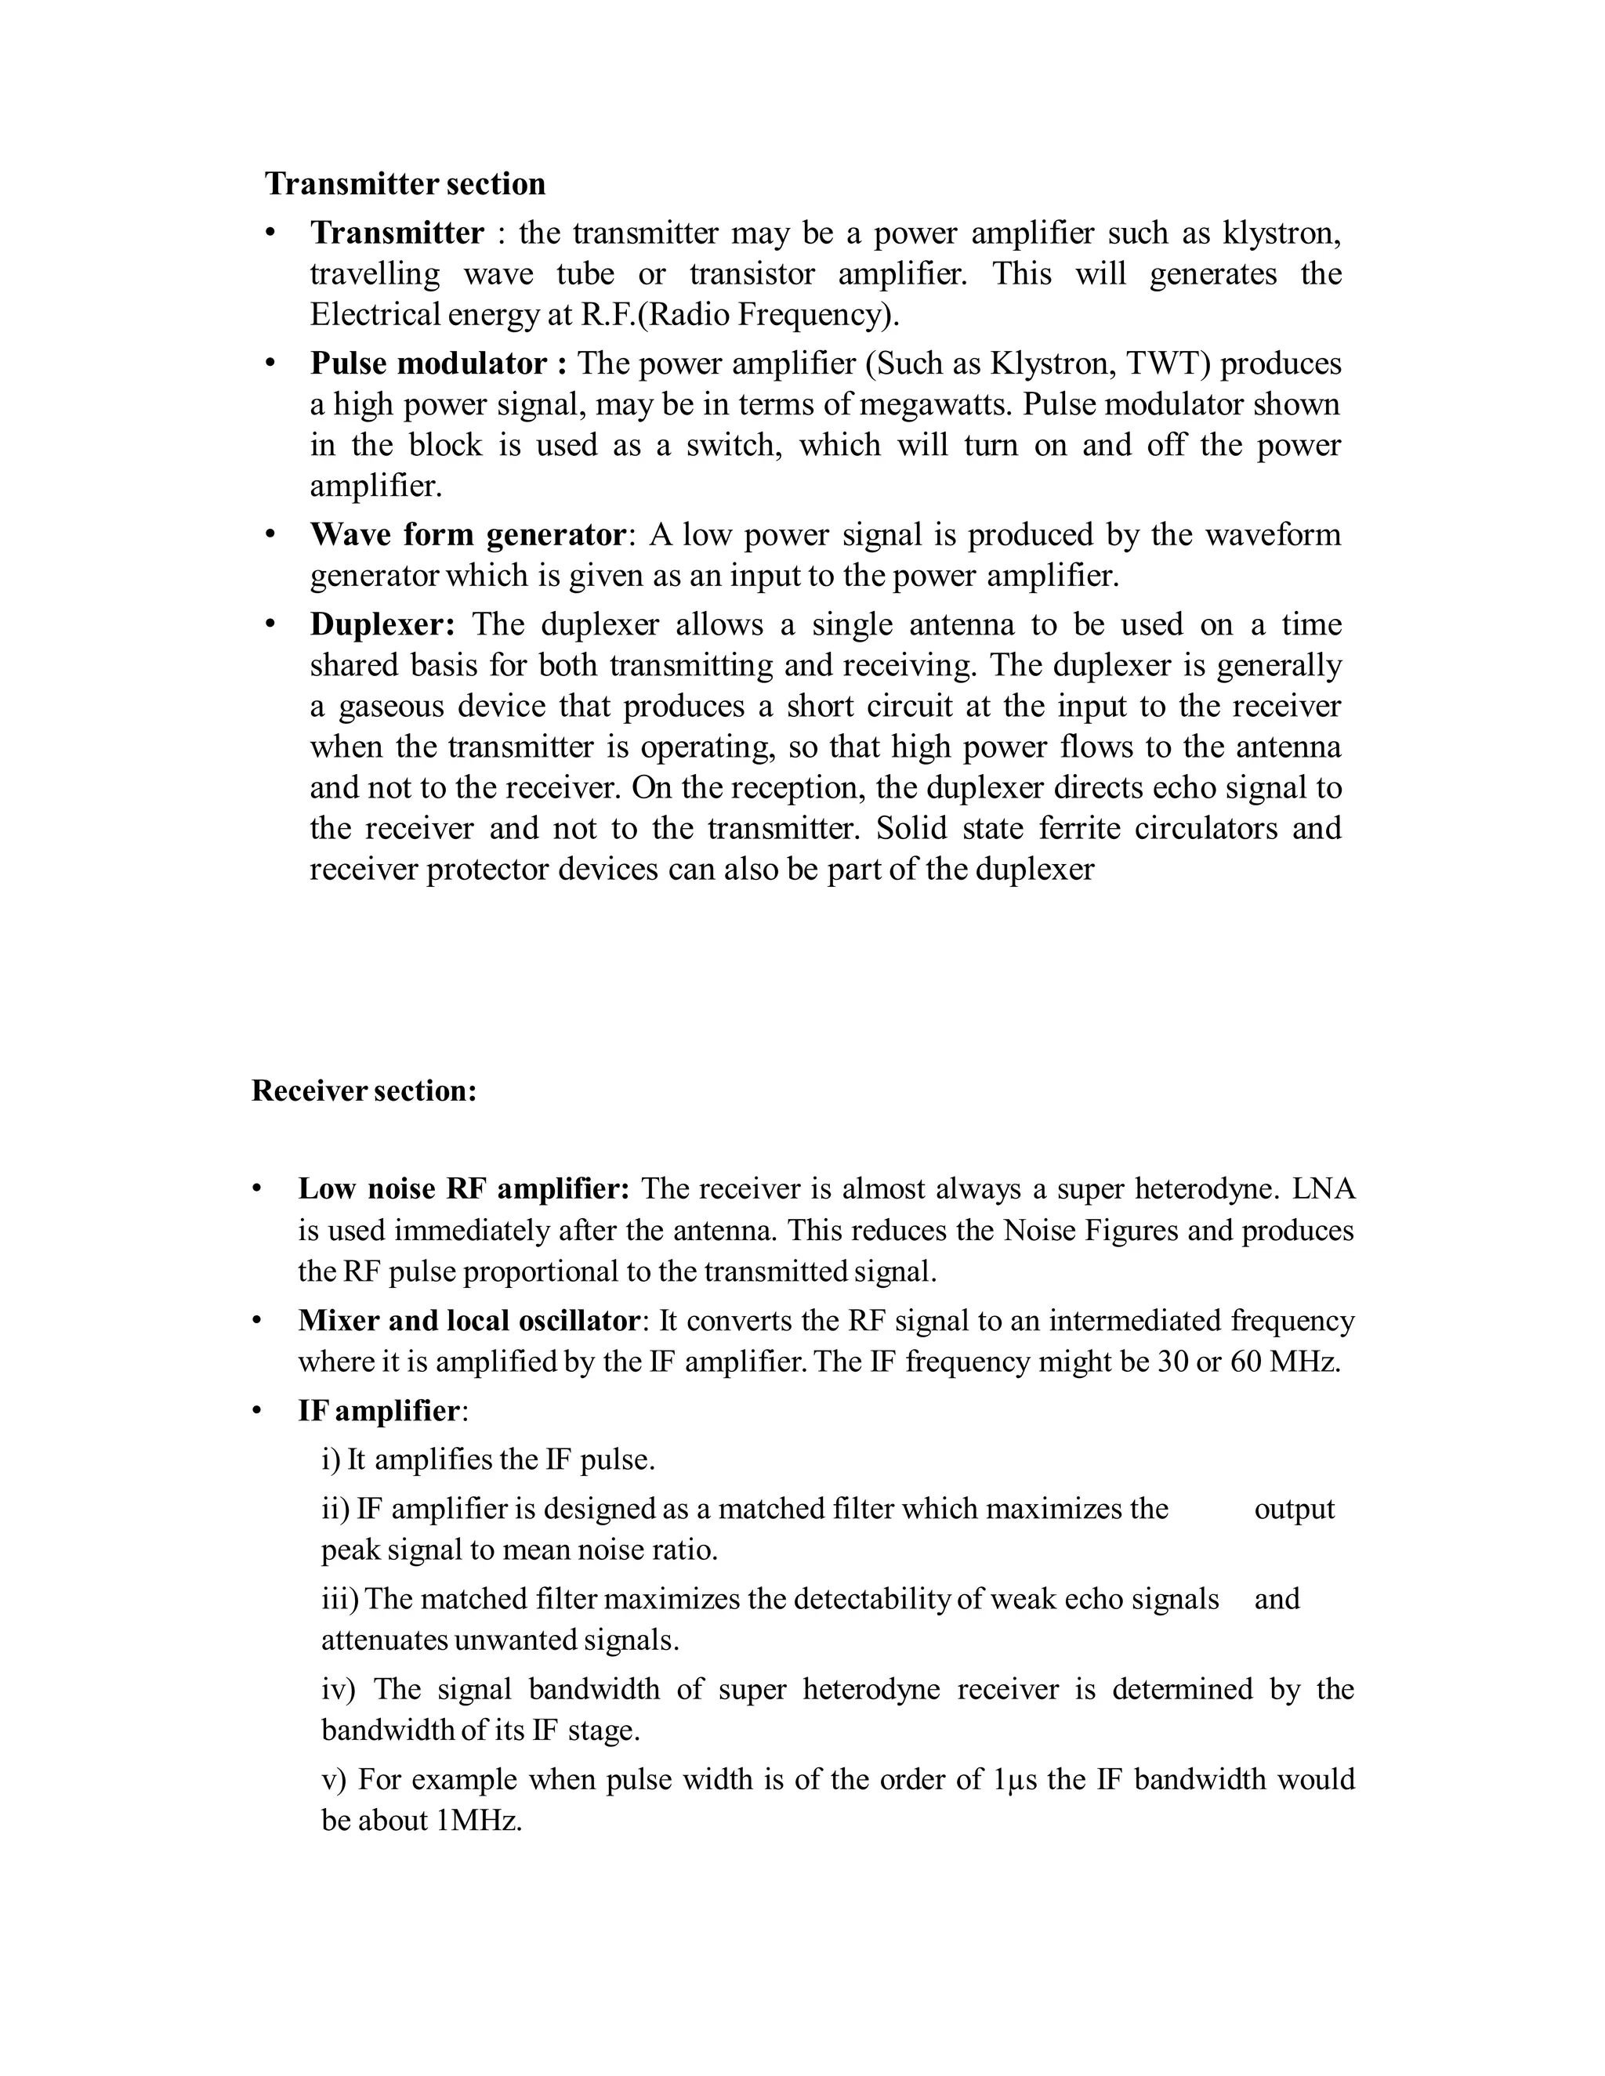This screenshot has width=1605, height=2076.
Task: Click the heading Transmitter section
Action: pyautogui.click(x=405, y=183)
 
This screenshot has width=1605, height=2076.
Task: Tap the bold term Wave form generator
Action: pyautogui.click(x=467, y=534)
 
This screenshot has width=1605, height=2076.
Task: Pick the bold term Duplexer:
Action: pyautogui.click(x=382, y=624)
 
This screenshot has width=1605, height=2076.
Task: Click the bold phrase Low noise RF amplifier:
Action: pyautogui.click(x=463, y=1188)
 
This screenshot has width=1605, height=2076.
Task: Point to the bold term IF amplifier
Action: pyautogui.click(x=379, y=1411)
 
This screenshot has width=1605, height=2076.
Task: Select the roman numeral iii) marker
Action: pyautogui.click(x=339, y=1599)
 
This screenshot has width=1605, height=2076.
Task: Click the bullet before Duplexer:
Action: pyautogui.click(x=270, y=624)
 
